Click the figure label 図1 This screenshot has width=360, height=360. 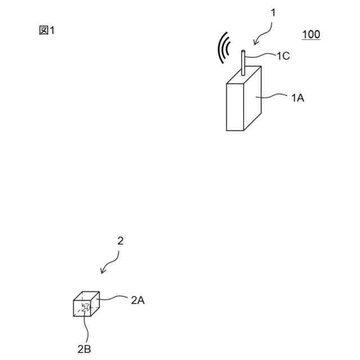pos(47,31)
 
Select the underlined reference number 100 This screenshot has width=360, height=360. pos(311,35)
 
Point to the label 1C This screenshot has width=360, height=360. pos(282,55)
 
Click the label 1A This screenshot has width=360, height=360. pos(298,97)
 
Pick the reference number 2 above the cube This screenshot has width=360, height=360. pos(120,241)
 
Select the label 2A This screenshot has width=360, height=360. pos(138,300)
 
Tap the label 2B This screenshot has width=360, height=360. pos(84,349)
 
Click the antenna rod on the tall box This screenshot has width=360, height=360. pos(243,62)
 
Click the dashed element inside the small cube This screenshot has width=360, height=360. pos(85,307)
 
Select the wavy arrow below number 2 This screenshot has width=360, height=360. pos(110,262)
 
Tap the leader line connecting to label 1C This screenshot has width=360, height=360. pos(262,55)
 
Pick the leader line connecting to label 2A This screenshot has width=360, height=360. pos(112,298)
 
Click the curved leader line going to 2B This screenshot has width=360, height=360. pos(84,326)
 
